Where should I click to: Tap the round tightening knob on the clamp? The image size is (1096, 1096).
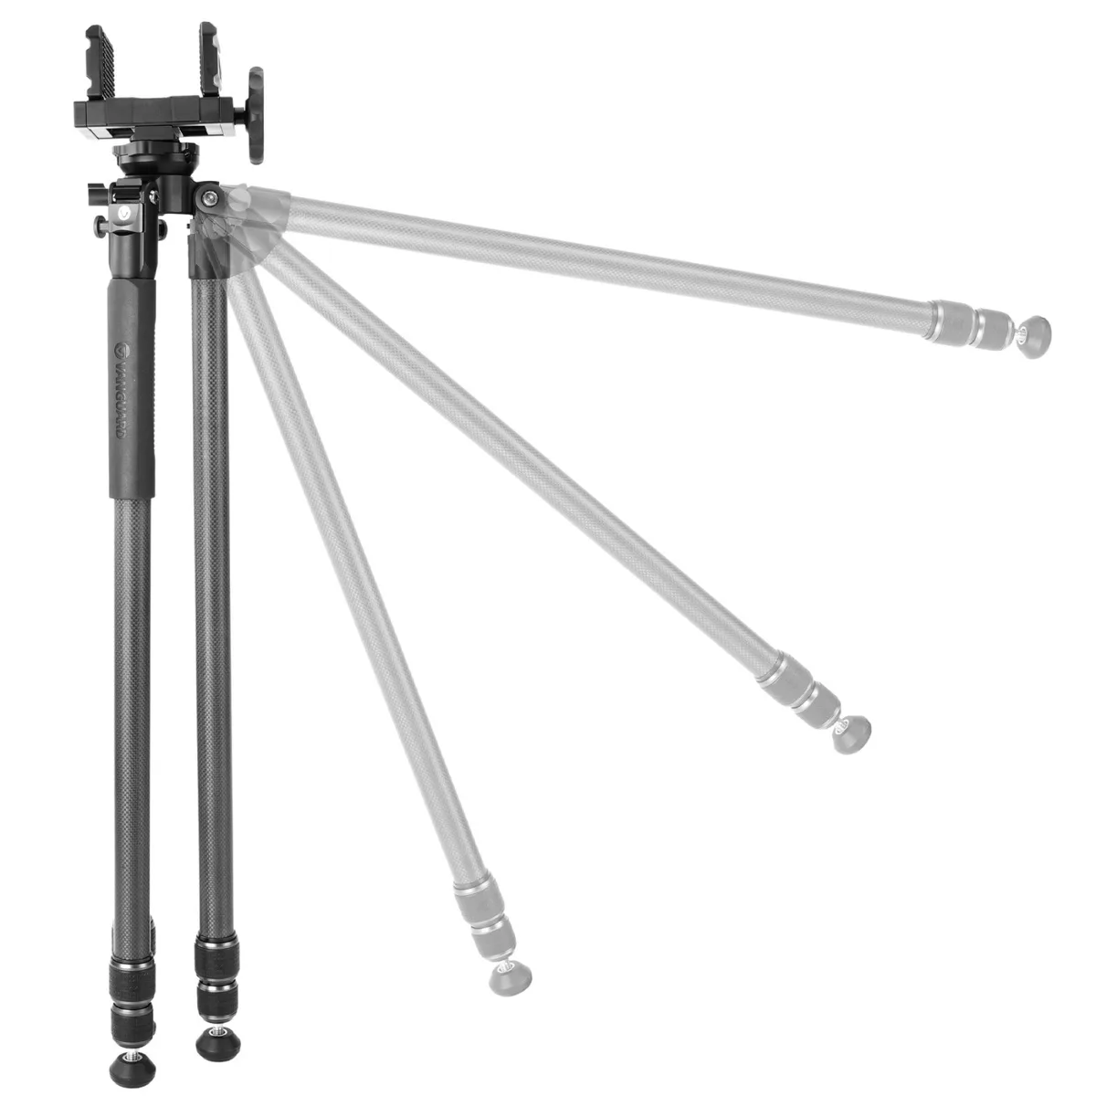(x=256, y=115)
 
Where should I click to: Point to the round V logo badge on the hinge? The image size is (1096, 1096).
(x=124, y=213)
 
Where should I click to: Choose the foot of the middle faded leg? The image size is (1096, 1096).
(x=852, y=734)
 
